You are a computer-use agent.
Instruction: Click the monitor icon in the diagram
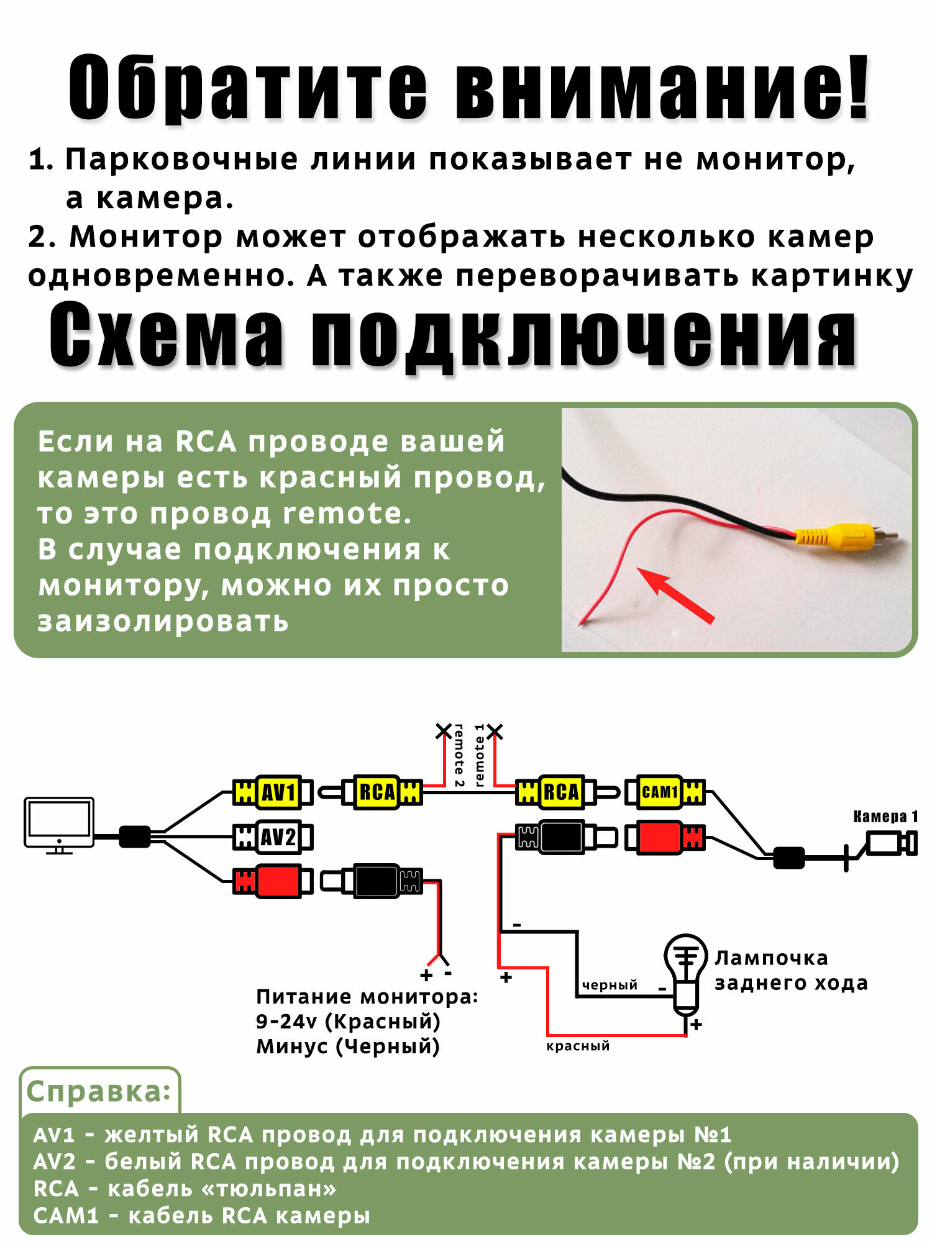coord(59,823)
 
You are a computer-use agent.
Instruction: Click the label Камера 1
coord(885,817)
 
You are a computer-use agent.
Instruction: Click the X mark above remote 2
coord(443,731)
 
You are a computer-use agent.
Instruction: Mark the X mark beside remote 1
coord(495,731)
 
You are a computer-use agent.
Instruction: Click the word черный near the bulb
coord(610,985)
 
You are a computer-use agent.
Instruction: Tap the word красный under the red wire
coord(578,1046)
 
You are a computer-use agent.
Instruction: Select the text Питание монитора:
coord(367,997)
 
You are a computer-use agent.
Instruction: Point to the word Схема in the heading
coord(167,335)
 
